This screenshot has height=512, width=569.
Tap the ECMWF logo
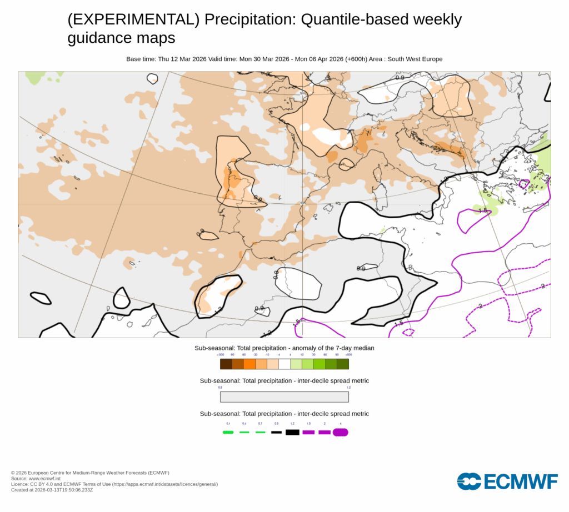(x=507, y=481)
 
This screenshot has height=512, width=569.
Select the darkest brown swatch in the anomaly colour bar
(x=226, y=364)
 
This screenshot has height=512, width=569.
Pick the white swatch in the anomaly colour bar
(x=284, y=364)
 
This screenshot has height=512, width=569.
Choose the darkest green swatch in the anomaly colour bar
(x=343, y=364)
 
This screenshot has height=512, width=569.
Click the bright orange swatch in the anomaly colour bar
(x=249, y=364)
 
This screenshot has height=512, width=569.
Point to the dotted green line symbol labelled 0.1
(x=227, y=432)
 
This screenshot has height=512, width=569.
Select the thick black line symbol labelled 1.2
(x=292, y=432)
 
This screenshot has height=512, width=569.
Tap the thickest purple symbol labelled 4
(x=340, y=432)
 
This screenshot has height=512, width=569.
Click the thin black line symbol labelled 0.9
(x=276, y=432)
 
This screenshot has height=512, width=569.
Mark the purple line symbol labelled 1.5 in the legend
(x=308, y=432)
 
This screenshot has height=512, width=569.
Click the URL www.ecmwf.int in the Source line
(x=45, y=478)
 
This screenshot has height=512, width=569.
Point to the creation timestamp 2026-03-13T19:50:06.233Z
(x=64, y=490)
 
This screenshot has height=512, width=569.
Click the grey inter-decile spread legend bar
(x=284, y=397)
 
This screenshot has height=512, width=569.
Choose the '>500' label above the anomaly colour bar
(x=348, y=355)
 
